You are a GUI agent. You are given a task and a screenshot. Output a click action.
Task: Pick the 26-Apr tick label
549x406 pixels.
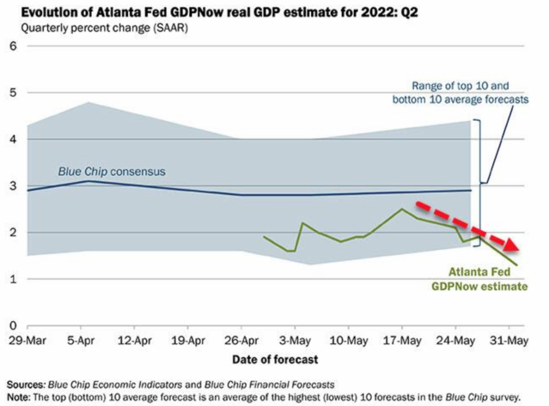[x=241, y=341]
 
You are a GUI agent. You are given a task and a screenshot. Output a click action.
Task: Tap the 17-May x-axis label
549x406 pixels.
[x=402, y=341]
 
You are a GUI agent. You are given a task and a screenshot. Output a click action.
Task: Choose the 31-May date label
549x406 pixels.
[x=509, y=341]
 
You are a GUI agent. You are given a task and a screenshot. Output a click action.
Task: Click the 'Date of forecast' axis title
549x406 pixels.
[x=274, y=359]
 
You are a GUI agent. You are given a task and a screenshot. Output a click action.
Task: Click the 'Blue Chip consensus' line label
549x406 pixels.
[x=111, y=172]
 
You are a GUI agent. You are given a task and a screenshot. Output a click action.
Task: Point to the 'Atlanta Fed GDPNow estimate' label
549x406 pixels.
[x=479, y=280]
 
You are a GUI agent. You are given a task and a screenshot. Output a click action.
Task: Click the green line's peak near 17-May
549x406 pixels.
[x=402, y=209]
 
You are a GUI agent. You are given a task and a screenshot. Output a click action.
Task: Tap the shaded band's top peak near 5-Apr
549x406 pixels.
[x=87, y=102]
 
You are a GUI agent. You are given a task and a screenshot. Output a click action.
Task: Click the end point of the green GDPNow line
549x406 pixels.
[x=517, y=265]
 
